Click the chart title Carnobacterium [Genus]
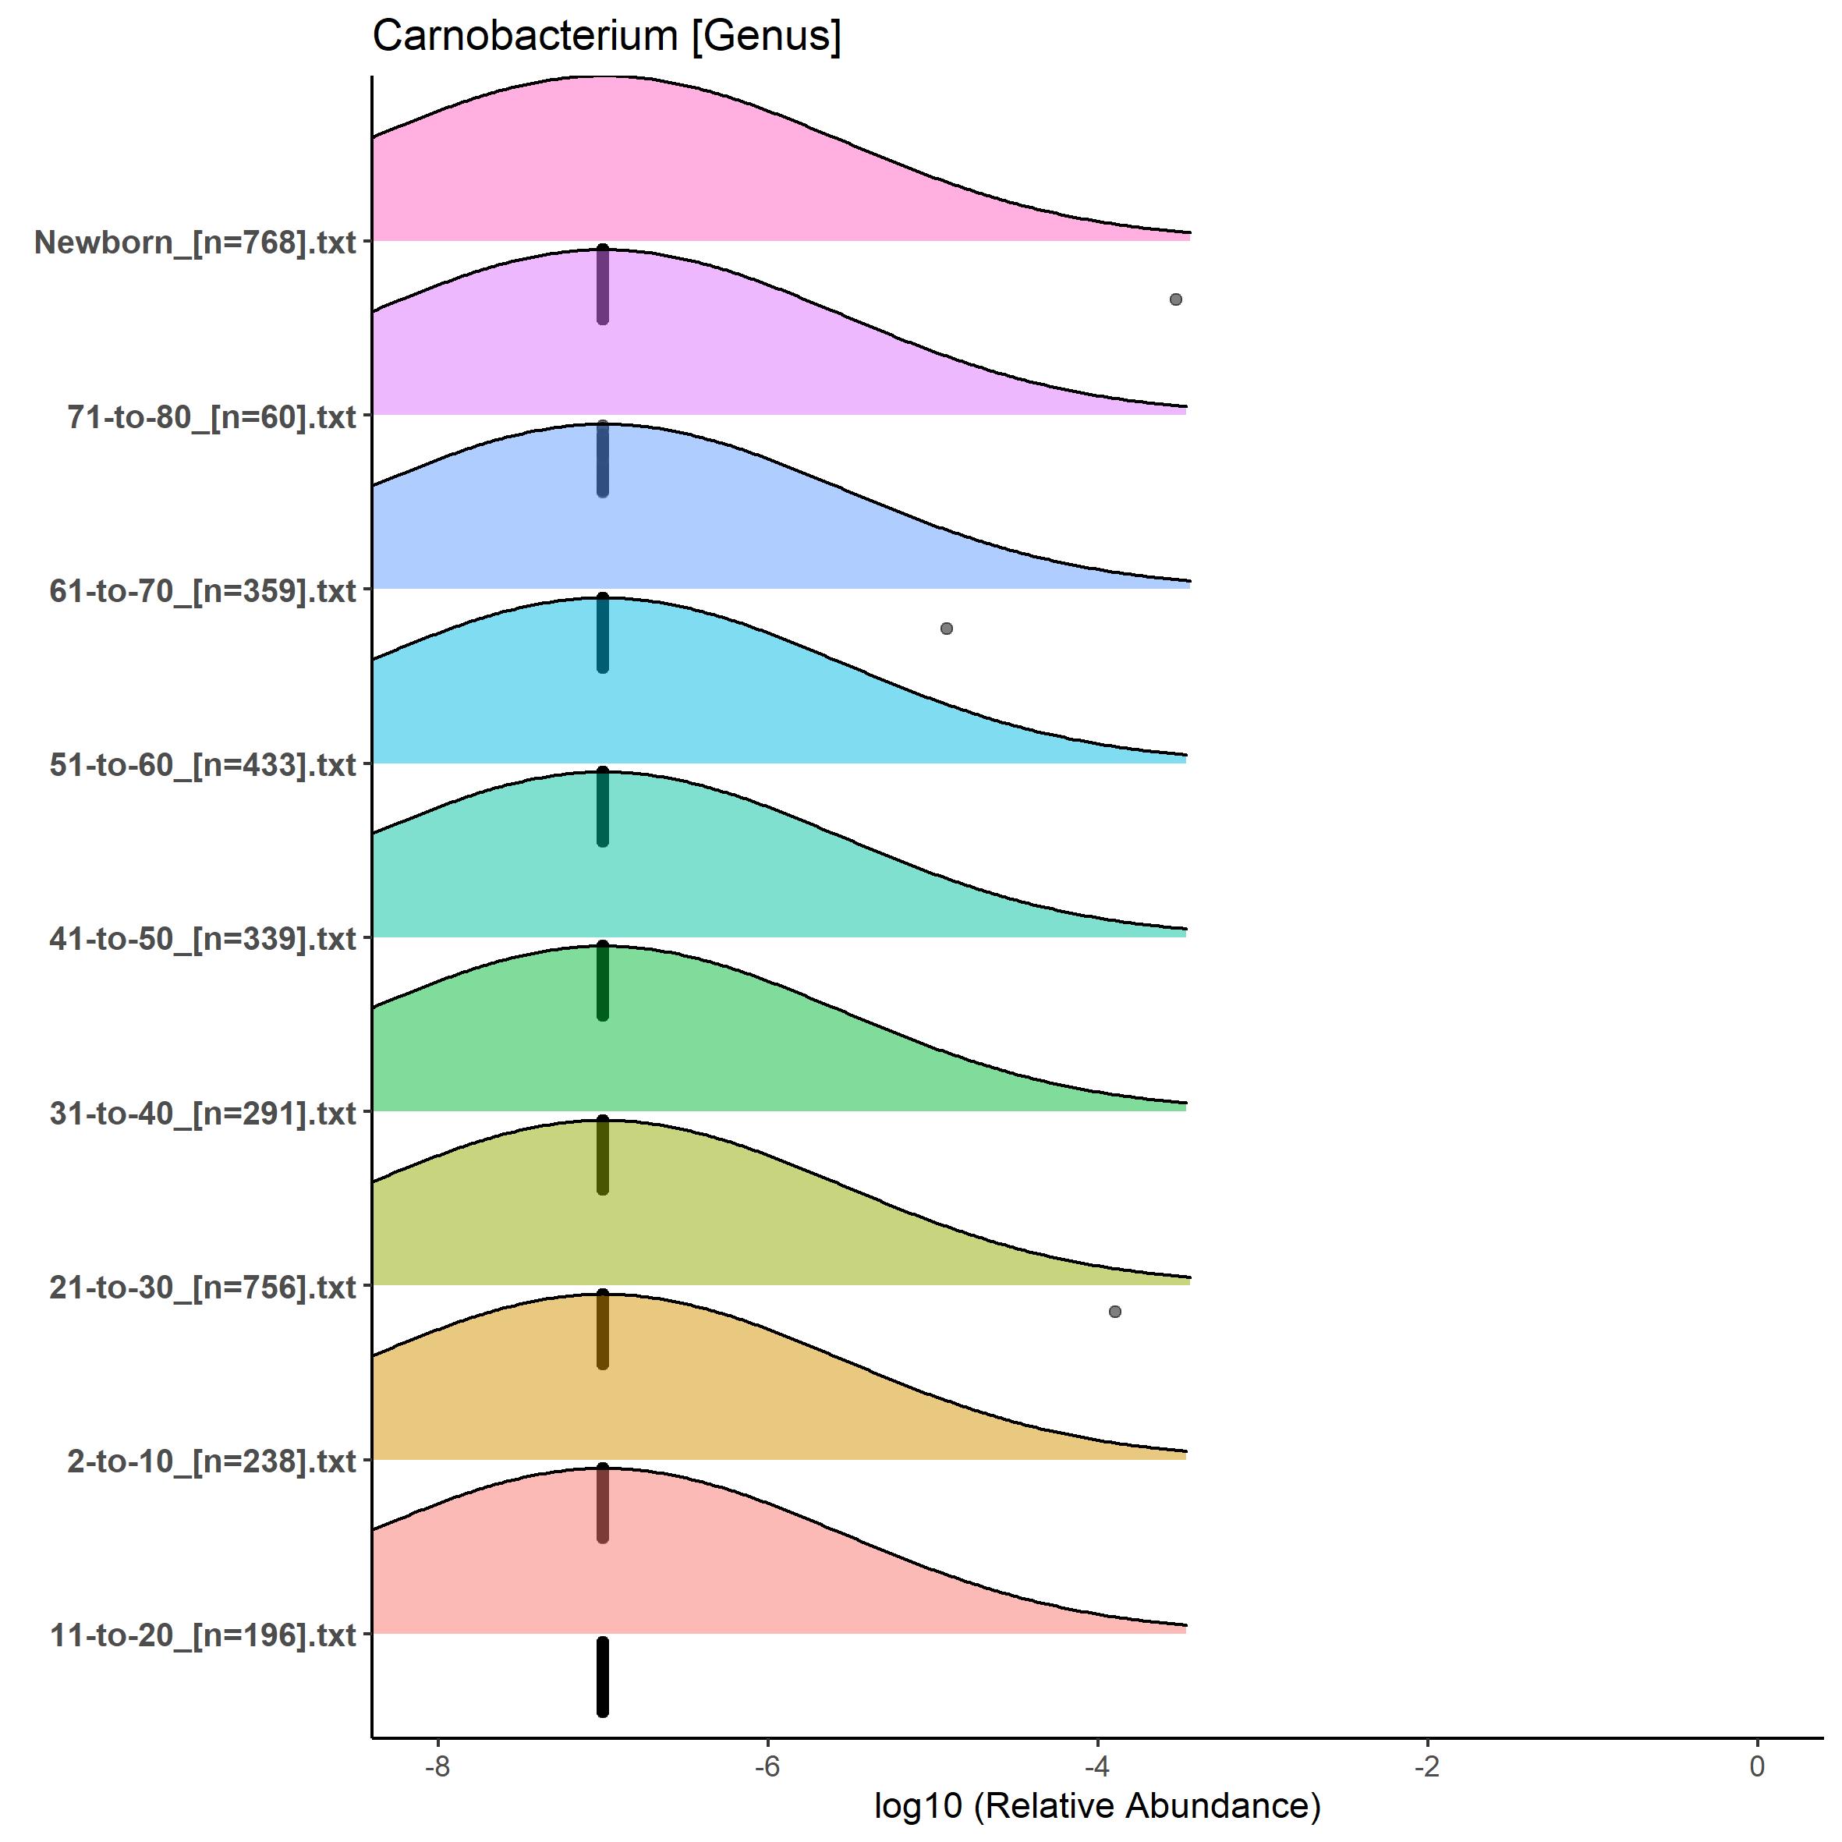tap(607, 36)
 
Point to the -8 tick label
tap(437, 1766)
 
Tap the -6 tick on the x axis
tap(767, 1766)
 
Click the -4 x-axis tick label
tap(1096, 1766)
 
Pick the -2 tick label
tap(1426, 1766)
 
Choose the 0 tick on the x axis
tap(1756, 1766)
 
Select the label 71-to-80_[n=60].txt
tap(211, 416)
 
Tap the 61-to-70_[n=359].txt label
tap(203, 591)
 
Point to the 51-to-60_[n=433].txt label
tap(203, 764)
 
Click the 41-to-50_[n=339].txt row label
tap(203, 939)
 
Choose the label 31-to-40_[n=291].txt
tap(203, 1114)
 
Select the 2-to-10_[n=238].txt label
tap(211, 1461)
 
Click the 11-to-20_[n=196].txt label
tap(203, 1636)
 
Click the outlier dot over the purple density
tap(1175, 299)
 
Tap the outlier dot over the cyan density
tap(946, 629)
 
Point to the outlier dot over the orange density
tap(1114, 1312)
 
